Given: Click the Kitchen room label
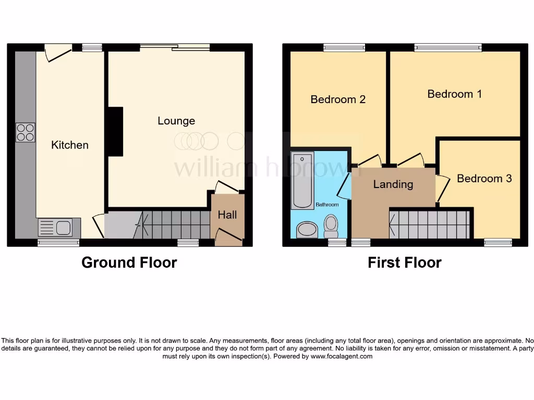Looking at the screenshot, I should [70, 145].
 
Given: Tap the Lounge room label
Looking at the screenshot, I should [176, 121].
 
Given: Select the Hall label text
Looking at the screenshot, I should [227, 215].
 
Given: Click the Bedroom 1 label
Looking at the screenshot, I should [454, 94].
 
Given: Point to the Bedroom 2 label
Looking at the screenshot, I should [338, 99].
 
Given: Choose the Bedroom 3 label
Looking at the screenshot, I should [484, 178].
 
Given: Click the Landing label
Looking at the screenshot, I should [393, 184].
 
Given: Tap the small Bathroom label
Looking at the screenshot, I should [327, 205].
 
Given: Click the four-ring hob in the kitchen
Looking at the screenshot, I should [26, 132].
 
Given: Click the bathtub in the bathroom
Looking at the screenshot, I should [302, 180].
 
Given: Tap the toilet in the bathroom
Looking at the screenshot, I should [331, 226].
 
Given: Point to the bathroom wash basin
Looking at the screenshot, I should [307, 230].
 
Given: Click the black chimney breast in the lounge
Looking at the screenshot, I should [115, 131].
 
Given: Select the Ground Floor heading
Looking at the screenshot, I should [129, 262].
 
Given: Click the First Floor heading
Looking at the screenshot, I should [404, 262].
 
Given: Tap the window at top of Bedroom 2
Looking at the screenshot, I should [344, 48].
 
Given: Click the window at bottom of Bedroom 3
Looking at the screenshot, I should [497, 242].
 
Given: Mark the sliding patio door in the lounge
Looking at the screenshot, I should [175, 47].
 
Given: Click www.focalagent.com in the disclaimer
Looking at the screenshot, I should [342, 357].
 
